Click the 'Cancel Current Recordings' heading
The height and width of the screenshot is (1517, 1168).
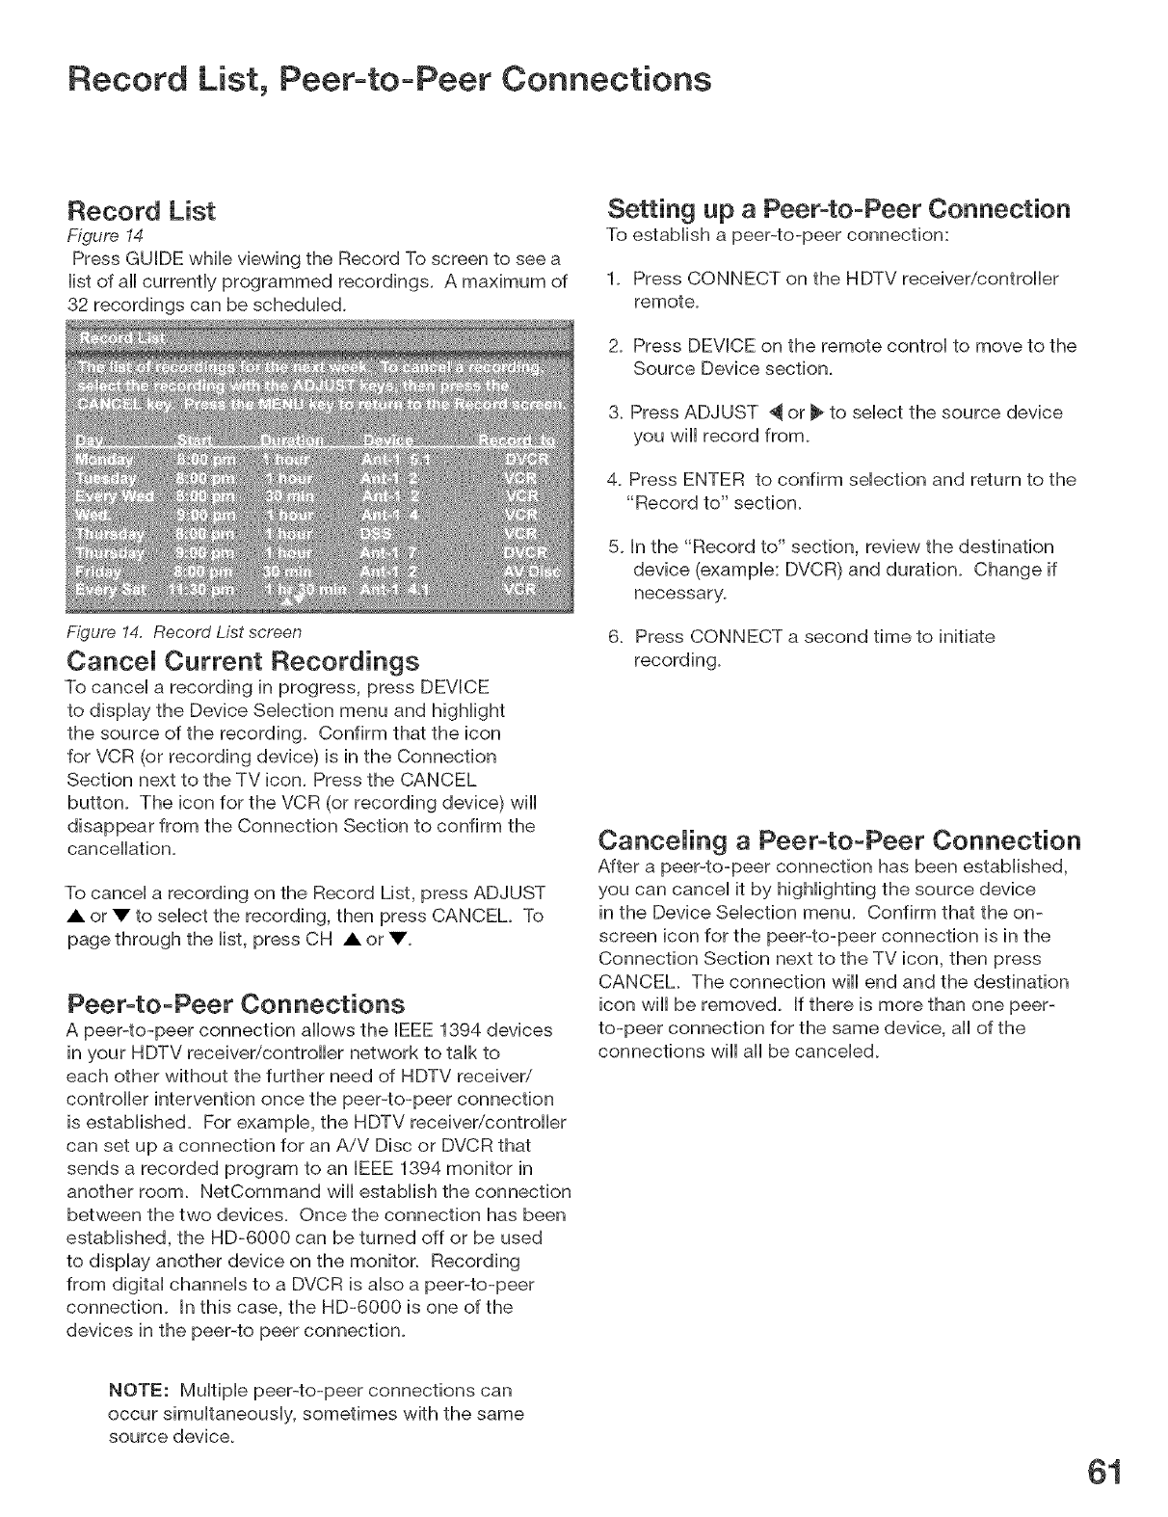241,662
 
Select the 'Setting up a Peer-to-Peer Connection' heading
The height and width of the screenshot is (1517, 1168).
838,209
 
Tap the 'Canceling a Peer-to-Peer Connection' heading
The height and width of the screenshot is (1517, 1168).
838,838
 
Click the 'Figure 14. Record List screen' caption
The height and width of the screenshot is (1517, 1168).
183,632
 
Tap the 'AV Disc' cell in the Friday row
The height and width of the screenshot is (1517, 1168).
538,573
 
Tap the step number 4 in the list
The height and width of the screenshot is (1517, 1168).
613,480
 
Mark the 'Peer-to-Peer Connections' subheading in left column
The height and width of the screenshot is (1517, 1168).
234,1002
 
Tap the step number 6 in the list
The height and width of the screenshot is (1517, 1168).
613,637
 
